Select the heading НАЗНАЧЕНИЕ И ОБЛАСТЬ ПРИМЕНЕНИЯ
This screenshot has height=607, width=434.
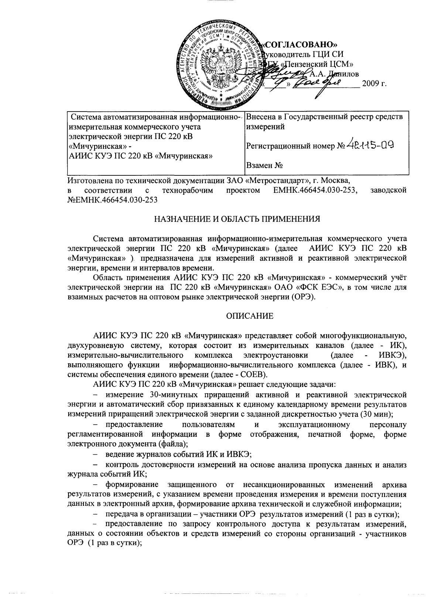click(237, 219)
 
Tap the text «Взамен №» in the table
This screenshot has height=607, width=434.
click(265, 165)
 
